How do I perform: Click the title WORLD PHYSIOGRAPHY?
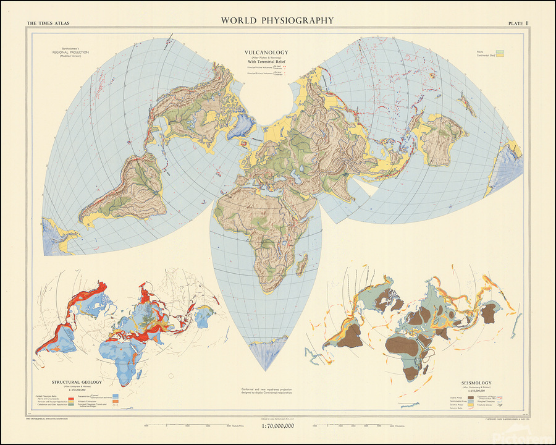277,20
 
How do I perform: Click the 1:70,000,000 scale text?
277,426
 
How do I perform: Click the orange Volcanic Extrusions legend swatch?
72,401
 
